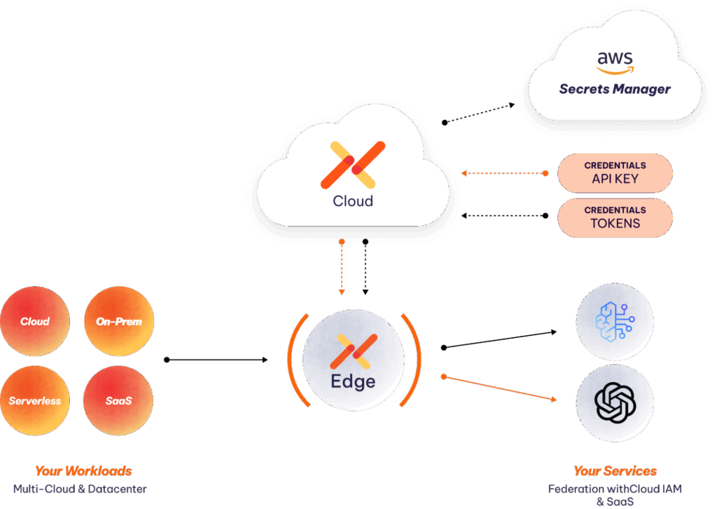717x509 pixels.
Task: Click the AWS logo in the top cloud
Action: point(614,62)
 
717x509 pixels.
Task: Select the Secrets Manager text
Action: point(614,89)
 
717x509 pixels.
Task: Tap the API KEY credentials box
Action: point(614,173)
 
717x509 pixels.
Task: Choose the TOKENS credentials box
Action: point(614,217)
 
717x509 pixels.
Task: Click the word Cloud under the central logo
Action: point(352,201)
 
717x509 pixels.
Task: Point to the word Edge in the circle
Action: point(352,381)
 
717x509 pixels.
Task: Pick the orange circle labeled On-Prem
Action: point(118,322)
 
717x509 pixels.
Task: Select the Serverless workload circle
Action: point(35,401)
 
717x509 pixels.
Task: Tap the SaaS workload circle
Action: point(118,401)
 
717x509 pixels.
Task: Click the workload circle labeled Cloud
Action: point(35,322)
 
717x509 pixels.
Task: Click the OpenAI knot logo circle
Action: point(614,402)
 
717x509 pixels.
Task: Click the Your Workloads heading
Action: point(83,471)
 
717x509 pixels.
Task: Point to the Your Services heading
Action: point(615,471)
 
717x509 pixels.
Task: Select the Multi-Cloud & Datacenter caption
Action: point(80,489)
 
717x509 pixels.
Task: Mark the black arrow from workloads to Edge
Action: point(217,360)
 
